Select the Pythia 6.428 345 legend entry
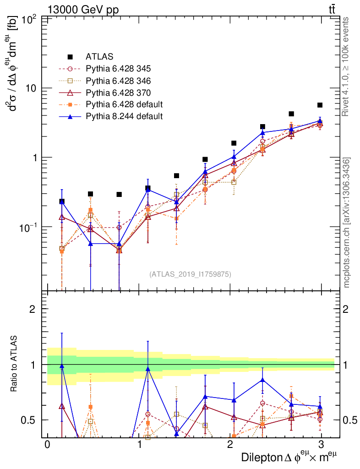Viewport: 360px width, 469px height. point(118,69)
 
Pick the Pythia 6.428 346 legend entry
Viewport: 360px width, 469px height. point(118,81)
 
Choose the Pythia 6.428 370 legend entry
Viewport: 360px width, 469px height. point(118,93)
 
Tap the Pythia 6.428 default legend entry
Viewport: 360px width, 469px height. point(124,104)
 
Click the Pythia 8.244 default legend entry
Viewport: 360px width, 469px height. point(124,116)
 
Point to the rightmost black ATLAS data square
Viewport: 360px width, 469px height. point(320,105)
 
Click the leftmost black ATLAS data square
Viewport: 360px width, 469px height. point(62,202)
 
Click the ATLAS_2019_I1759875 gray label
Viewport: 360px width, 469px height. point(190,274)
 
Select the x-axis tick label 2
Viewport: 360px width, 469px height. point(230,445)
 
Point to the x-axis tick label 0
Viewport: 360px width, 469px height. point(47,445)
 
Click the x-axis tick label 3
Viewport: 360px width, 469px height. point(322,445)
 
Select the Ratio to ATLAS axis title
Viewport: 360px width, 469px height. point(15,364)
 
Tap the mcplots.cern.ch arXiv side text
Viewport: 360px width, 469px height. point(347,222)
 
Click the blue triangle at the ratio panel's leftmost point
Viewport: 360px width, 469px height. point(62,366)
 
